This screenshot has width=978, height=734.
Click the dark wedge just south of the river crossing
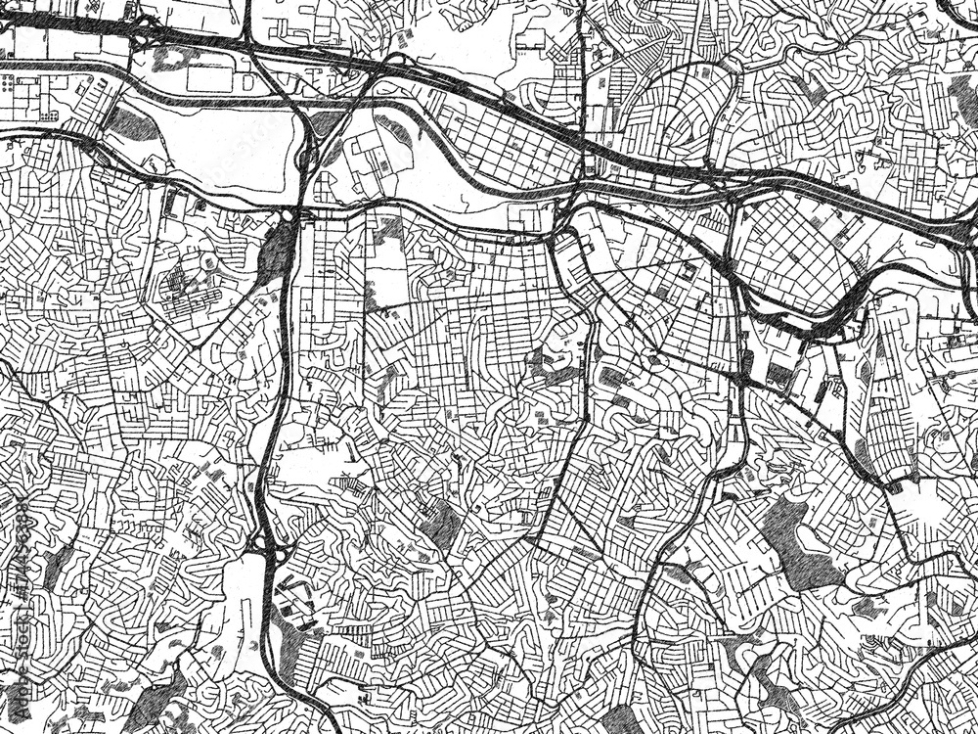point(277,251)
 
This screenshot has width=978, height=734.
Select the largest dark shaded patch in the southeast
point(797,538)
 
